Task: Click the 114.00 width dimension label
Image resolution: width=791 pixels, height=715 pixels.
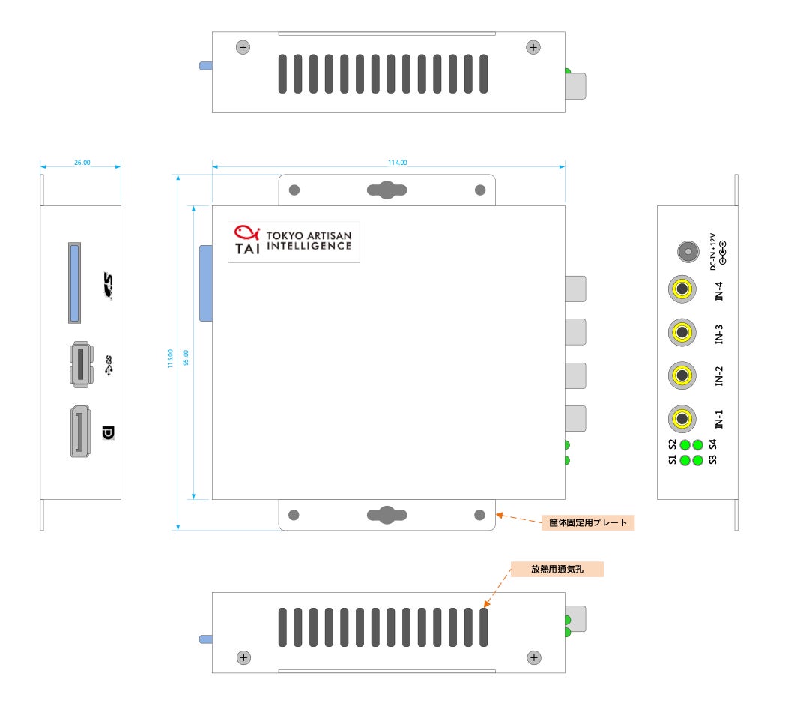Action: [397, 162]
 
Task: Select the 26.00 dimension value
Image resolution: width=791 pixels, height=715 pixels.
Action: [82, 162]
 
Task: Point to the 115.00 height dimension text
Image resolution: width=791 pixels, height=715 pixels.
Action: [171, 358]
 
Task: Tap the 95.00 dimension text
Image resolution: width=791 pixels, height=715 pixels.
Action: [186, 358]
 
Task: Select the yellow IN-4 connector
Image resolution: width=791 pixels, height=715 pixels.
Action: [682, 289]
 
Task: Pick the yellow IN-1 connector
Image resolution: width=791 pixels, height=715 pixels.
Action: [682, 418]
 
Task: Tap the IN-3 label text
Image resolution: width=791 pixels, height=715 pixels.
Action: [719, 334]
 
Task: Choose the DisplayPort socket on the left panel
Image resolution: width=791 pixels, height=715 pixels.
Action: [80, 431]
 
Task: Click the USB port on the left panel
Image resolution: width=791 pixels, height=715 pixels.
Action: [80, 364]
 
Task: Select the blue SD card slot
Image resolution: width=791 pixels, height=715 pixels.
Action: [74, 283]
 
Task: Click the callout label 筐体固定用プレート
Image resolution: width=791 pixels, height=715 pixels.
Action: [588, 522]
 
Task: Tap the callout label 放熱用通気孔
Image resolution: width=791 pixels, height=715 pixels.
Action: [557, 569]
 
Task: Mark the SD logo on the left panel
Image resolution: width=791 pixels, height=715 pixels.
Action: [109, 286]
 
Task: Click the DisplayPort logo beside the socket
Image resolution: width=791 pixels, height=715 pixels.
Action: [109, 433]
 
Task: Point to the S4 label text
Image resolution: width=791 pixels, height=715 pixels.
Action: [712, 444]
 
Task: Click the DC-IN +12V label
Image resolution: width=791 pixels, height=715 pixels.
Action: [718, 250]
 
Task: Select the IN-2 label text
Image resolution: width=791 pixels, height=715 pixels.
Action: [719, 375]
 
